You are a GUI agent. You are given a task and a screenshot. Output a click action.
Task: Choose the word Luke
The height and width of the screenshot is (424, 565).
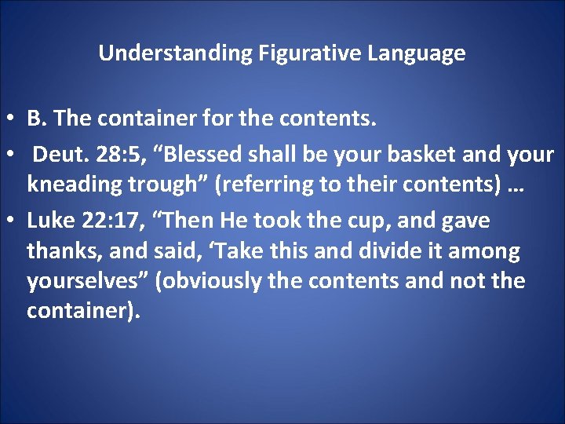click(49, 221)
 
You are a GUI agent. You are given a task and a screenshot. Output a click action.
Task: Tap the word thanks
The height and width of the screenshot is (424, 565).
click(60, 251)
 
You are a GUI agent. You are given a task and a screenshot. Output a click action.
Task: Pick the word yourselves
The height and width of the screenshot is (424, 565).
click(87, 281)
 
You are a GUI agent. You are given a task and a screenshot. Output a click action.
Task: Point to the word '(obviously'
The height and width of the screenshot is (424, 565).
click(208, 281)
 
